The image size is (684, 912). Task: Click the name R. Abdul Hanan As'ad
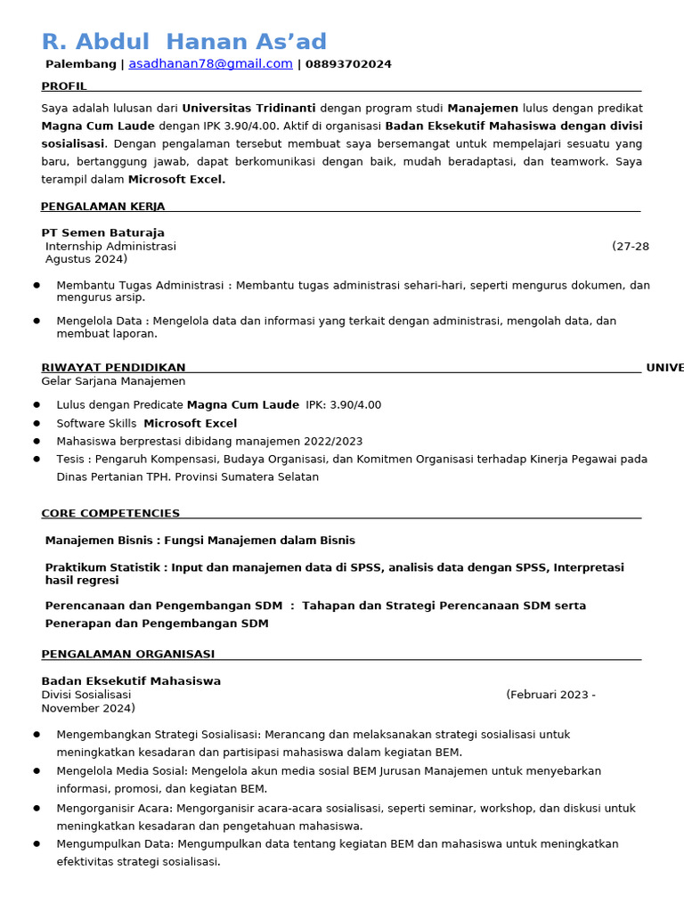coord(183,42)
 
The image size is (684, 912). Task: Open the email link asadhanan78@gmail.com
coord(210,64)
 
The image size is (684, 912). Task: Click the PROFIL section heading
coord(64,86)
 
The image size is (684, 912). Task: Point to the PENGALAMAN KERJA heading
coord(102,207)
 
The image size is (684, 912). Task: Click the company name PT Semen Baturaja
coord(102,232)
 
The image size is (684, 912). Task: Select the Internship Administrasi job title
coord(110,246)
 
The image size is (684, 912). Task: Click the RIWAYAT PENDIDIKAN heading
coord(113,368)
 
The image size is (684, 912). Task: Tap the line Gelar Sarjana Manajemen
coord(113,381)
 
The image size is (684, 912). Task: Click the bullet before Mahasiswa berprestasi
coord(37,441)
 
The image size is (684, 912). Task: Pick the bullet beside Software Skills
coord(37,423)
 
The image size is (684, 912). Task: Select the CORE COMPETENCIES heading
coord(110,513)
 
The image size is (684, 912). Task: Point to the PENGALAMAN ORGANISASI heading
coord(127,654)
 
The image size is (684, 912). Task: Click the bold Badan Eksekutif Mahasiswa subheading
coord(131,681)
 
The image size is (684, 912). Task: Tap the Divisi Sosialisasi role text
coord(85,695)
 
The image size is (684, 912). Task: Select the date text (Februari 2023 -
coord(550,695)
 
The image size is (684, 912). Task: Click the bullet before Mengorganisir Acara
coord(37,808)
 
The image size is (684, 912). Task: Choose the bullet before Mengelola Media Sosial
coord(37,770)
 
